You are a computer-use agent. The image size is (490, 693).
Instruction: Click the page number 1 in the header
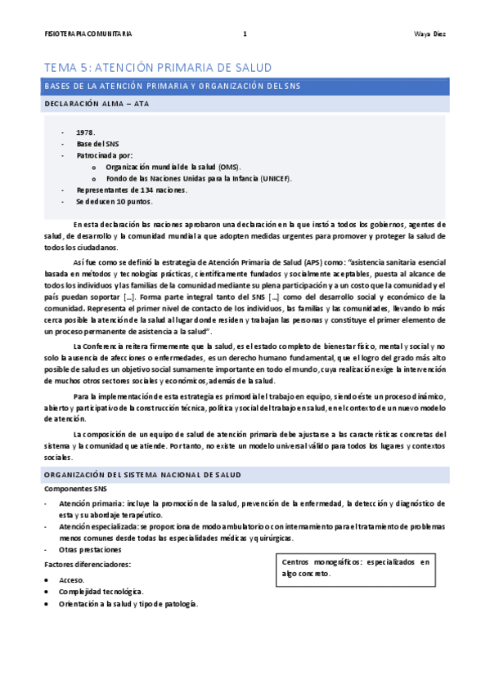[x=245, y=34]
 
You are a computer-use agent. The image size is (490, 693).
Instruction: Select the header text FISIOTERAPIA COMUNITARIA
[x=88, y=34]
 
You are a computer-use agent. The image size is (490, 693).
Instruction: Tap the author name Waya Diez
[x=429, y=34]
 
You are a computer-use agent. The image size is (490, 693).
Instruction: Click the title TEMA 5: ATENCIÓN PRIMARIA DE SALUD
[x=157, y=67]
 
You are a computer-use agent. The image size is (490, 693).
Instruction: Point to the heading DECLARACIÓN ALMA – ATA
[x=96, y=105]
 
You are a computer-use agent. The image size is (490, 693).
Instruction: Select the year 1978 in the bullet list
[x=85, y=132]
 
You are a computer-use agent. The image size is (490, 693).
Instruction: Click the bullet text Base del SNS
[x=97, y=143]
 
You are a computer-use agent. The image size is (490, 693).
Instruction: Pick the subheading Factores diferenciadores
[x=88, y=565]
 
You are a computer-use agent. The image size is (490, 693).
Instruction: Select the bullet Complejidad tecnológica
[x=101, y=591]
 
